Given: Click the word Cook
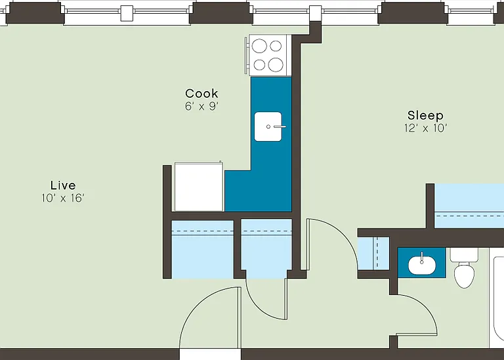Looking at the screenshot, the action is pos(201,94).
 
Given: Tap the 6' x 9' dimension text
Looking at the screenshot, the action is pos(201,106).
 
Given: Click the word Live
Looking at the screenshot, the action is pos(63,186).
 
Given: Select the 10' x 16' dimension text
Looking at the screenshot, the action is pos(63,198).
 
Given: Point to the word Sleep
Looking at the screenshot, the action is pos(425,115).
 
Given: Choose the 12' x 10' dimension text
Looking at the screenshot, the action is pos(425,128).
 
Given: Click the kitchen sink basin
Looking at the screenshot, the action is pos(268,127).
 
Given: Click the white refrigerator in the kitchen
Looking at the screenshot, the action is pos(199,187).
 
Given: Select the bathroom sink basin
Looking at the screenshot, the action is pos(422,265).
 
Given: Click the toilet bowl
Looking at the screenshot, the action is pos(464,275).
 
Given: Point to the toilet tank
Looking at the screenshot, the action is pos(464,254).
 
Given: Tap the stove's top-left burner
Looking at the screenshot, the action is pos(259,46).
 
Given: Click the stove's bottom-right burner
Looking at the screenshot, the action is pos(276,64).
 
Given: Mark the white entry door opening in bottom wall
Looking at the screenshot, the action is pos(210,354).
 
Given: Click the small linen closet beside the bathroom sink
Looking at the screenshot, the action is pos(373,254).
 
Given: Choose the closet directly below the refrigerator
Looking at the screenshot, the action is pos(203,249).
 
